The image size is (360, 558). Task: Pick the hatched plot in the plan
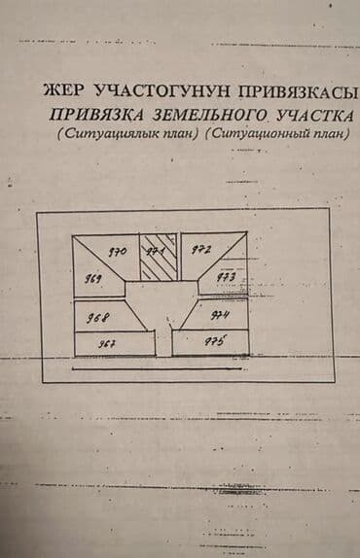(x=157, y=257)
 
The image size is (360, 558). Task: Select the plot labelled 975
(x=212, y=342)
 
